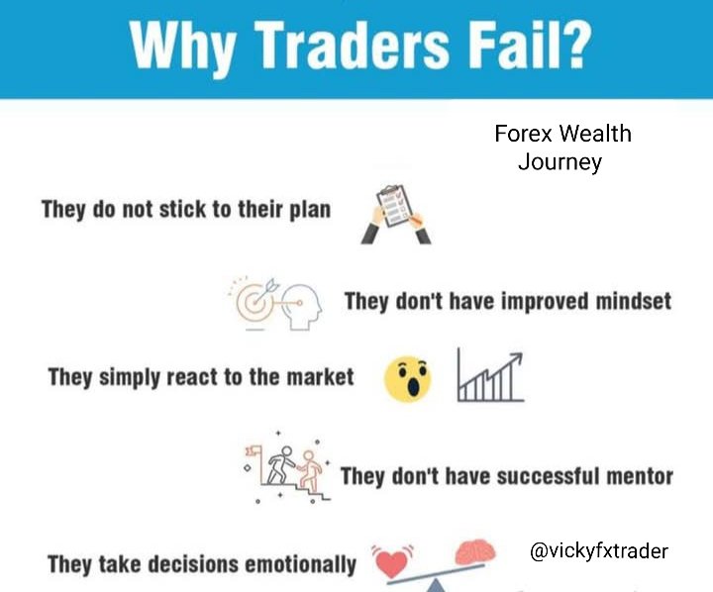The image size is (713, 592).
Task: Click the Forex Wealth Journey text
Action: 561,148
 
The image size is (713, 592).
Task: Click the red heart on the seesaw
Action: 395,562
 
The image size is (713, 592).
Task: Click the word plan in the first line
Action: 309,210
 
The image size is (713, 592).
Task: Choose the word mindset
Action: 623,300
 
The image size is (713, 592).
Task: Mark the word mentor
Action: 633,476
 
